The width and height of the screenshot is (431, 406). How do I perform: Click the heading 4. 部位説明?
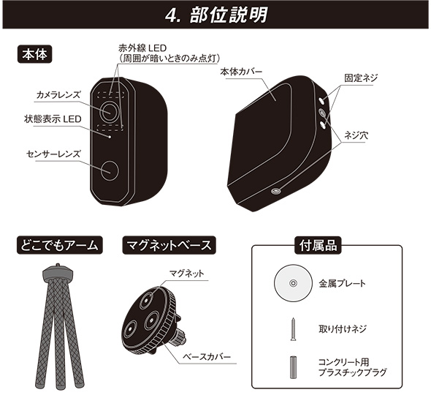tap(216, 15)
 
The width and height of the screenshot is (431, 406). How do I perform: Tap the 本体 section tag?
tap(34, 54)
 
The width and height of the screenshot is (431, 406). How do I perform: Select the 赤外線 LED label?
tap(142, 48)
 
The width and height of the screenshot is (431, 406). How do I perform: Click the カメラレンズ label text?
tap(58, 95)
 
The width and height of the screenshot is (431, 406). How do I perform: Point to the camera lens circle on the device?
tap(110, 111)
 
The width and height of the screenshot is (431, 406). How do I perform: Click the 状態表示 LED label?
tap(53, 119)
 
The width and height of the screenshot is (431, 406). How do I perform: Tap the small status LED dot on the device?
tap(110, 137)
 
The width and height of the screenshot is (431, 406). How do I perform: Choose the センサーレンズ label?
tap(53, 154)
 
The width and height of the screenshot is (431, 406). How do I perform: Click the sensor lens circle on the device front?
tap(110, 170)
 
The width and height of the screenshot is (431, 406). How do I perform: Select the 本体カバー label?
tap(241, 72)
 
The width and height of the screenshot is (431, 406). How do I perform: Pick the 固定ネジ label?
tap(361, 78)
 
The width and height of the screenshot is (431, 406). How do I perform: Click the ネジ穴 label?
tap(356, 135)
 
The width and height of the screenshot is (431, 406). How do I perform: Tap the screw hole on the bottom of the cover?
tap(275, 192)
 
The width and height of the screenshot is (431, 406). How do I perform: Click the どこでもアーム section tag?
tap(59, 245)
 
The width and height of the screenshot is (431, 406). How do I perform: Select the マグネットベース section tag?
tap(169, 245)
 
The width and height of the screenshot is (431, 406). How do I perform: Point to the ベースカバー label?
tap(207, 357)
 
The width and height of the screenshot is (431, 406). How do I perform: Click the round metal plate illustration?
tap(293, 283)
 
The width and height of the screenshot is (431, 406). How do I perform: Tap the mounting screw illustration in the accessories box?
tap(293, 329)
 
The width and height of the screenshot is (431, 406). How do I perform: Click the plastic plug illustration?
tap(293, 367)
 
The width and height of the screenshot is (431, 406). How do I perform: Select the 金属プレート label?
tap(342, 283)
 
